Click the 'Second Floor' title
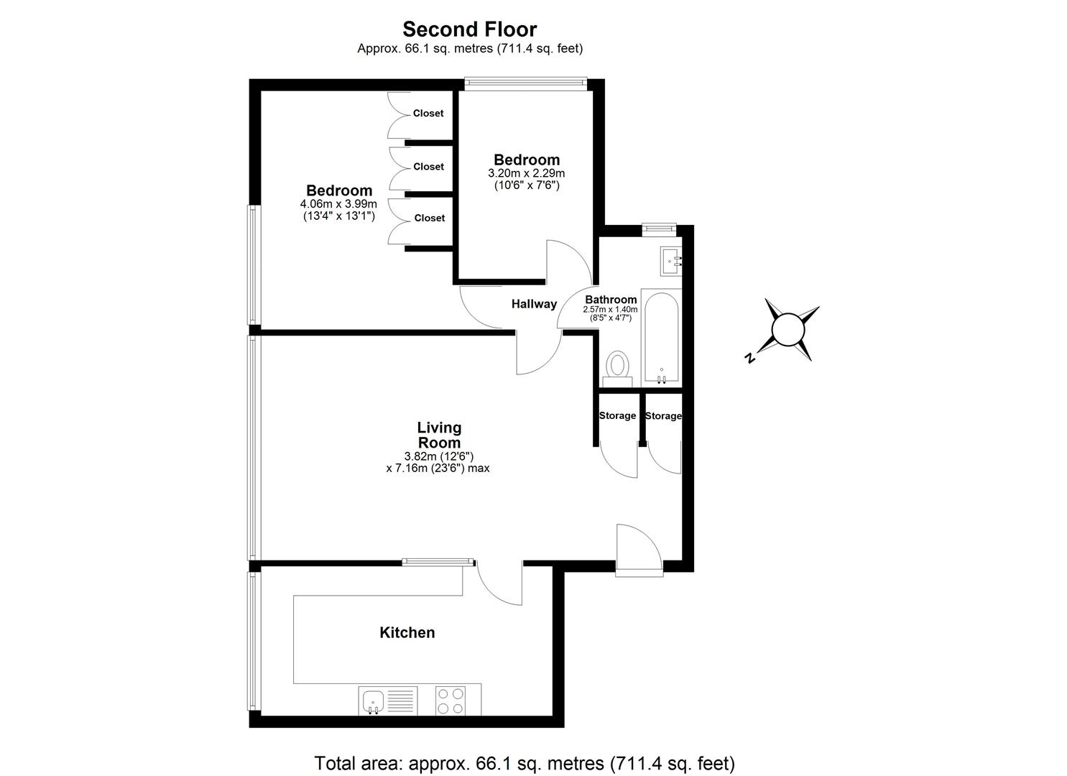point(469,29)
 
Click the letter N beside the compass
point(749,358)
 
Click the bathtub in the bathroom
point(661,337)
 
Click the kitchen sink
point(373,700)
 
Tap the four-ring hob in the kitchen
point(451,700)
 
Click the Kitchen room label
point(407,633)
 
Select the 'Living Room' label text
point(439,435)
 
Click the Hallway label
point(534,304)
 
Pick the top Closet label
point(428,114)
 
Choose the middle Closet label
point(429,167)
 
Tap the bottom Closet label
point(429,218)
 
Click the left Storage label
point(617,416)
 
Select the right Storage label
point(662,416)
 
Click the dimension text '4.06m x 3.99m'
point(338,204)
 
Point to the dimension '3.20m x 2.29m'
point(526,173)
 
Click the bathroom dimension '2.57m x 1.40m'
point(610,310)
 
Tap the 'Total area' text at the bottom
point(525,762)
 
